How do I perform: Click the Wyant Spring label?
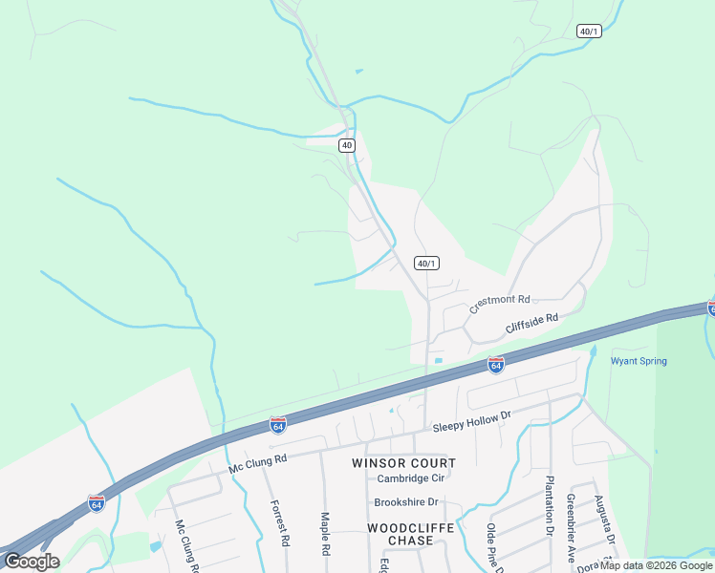click(x=639, y=361)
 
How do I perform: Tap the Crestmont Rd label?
click(x=499, y=305)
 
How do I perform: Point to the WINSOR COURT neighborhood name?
click(x=403, y=463)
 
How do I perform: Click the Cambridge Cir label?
click(x=411, y=478)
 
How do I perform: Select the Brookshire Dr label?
click(x=406, y=501)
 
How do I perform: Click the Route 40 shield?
click(x=346, y=145)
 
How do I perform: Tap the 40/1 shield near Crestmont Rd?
click(x=426, y=263)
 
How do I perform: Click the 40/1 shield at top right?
click(x=590, y=32)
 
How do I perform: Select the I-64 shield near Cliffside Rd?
click(x=495, y=365)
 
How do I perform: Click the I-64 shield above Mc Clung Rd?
click(x=278, y=423)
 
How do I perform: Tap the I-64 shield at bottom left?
click(x=97, y=502)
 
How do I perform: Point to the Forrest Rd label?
click(x=279, y=523)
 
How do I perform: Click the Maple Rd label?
click(x=325, y=535)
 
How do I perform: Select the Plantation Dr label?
click(x=550, y=507)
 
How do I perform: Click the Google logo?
click(x=32, y=562)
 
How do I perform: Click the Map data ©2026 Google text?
click(x=656, y=565)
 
